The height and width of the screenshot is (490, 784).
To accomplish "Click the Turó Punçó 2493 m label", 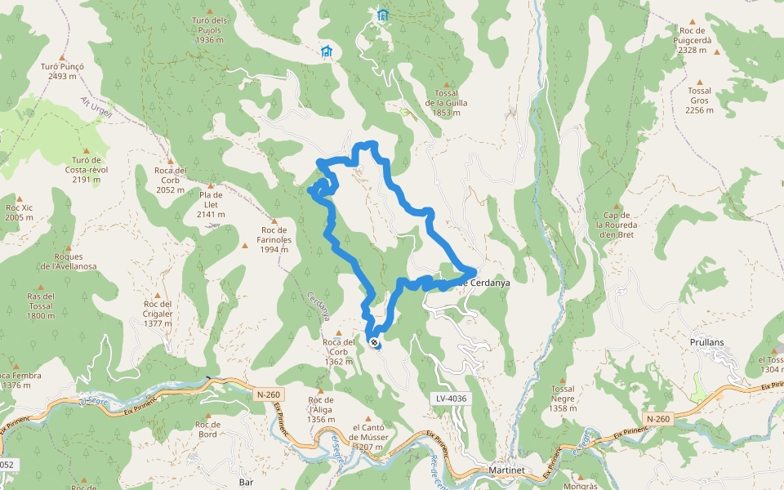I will (x=62, y=71).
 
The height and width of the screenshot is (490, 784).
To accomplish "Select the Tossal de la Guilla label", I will (x=446, y=102).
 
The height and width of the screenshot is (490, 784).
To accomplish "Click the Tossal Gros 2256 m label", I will (x=699, y=100).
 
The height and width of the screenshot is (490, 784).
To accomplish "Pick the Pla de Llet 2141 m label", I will (x=210, y=204).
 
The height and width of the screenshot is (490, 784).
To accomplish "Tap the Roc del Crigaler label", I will (x=158, y=314).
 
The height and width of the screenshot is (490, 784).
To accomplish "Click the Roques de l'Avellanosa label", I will (x=69, y=261).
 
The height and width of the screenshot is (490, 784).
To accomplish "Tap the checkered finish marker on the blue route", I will (x=374, y=343).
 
